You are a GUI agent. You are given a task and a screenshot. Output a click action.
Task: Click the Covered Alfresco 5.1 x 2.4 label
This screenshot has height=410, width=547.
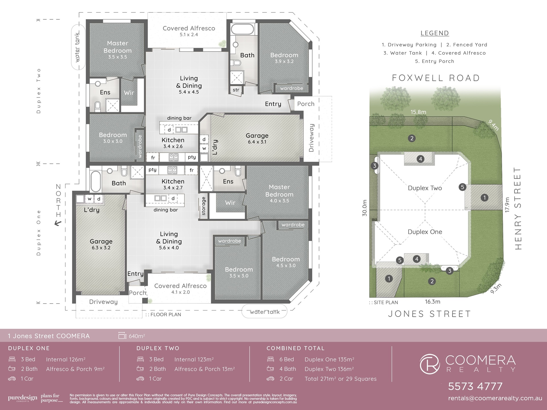point(189,31)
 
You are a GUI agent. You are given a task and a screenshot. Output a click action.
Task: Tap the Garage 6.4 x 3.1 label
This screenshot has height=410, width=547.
point(257,138)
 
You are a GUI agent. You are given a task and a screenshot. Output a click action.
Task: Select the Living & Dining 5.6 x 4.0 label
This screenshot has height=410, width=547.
point(169,241)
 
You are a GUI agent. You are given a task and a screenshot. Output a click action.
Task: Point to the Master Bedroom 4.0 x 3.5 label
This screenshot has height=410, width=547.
point(279,194)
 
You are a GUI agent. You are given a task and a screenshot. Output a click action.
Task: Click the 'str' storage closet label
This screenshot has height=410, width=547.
point(236,90)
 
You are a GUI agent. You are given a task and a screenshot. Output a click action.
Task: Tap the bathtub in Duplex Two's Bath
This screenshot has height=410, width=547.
point(242,29)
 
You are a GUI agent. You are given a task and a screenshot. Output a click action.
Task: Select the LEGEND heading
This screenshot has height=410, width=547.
point(435,33)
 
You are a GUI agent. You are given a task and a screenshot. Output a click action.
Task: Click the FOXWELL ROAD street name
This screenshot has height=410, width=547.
point(436,78)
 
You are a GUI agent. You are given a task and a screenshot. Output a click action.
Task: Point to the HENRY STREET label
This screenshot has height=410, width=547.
point(518,209)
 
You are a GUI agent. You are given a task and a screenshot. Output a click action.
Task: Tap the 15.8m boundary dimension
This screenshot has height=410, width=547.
point(418,112)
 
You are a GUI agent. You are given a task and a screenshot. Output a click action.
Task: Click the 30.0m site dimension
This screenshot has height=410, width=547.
point(365,208)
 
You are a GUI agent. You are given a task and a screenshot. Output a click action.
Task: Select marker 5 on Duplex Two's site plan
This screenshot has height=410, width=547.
point(462,187)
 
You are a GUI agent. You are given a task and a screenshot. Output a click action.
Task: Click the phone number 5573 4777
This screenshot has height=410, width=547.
point(475,386)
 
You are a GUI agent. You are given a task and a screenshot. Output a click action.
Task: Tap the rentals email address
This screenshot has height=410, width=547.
point(495,398)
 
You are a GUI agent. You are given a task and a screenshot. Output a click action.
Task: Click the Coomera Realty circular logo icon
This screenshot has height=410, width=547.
point(430,364)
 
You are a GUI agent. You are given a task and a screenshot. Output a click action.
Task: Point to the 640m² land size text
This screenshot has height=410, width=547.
point(137,336)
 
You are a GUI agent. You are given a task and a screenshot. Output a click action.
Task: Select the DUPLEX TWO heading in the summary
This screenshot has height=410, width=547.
point(158,348)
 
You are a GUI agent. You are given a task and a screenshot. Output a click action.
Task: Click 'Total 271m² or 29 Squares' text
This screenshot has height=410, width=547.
point(340,379)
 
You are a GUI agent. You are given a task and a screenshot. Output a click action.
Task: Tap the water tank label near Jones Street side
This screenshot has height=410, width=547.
point(265,312)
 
